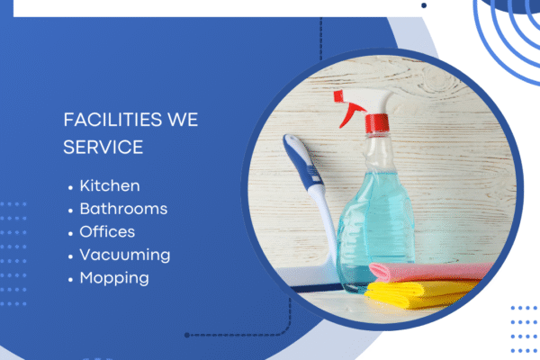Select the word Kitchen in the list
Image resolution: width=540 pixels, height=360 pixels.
click(x=110, y=186)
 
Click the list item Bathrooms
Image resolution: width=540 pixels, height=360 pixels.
click(x=123, y=209)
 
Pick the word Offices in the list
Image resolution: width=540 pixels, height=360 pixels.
click(x=107, y=232)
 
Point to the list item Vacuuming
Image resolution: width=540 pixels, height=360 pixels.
click(x=124, y=255)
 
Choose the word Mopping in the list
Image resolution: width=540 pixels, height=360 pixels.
click(x=114, y=278)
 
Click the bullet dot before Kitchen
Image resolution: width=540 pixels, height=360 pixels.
click(x=70, y=187)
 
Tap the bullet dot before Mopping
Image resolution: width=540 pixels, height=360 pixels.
click(x=70, y=279)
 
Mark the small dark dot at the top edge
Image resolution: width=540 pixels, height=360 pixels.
click(x=424, y=4)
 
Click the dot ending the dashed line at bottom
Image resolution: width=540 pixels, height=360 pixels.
click(x=186, y=335)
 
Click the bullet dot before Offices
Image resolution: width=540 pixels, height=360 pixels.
click(x=70, y=233)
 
